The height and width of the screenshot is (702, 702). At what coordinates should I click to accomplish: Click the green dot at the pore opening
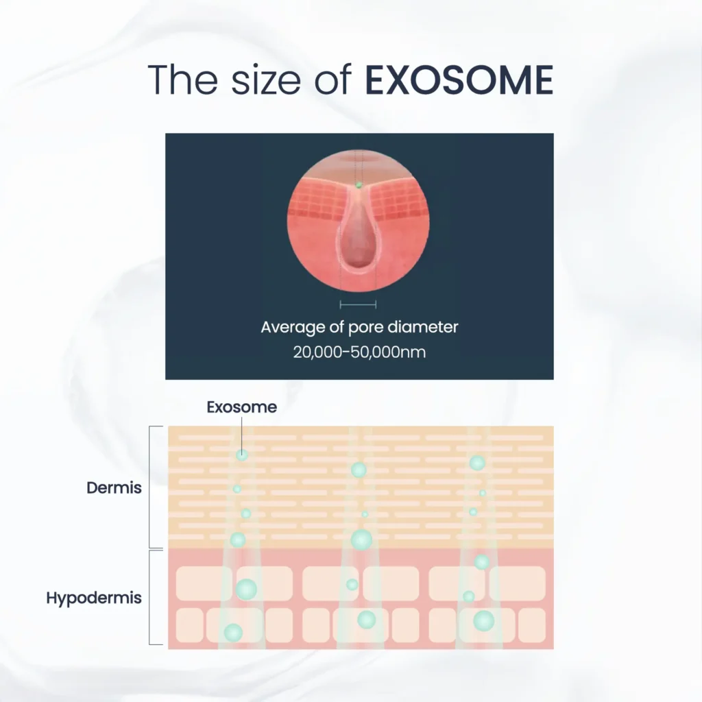[x=358, y=184]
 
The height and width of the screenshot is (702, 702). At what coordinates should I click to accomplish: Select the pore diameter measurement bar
[x=358, y=305]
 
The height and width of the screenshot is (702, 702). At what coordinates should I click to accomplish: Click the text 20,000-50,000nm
[x=359, y=352]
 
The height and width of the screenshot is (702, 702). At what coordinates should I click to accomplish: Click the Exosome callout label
[x=242, y=407]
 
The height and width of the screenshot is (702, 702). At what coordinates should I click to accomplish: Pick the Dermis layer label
[x=114, y=487]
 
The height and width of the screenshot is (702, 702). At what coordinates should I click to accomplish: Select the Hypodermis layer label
[x=93, y=598]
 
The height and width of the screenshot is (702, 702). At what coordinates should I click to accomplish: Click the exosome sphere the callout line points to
[x=242, y=455]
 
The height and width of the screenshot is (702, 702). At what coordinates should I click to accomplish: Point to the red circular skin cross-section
[x=358, y=221]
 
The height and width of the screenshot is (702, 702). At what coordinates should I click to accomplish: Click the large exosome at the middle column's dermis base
[x=361, y=540]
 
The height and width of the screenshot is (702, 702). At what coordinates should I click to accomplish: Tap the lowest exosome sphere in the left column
[x=233, y=633]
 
